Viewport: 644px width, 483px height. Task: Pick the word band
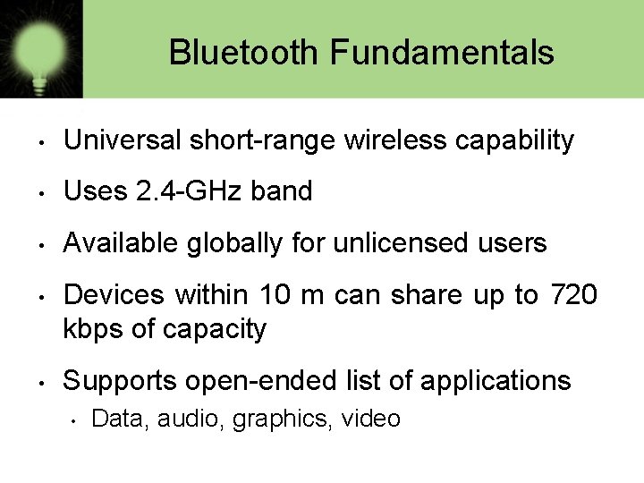[x=284, y=191]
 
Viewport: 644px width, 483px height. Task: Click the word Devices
[x=114, y=294]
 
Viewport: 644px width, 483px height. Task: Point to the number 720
[x=572, y=294]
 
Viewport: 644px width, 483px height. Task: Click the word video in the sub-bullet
[x=370, y=419]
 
